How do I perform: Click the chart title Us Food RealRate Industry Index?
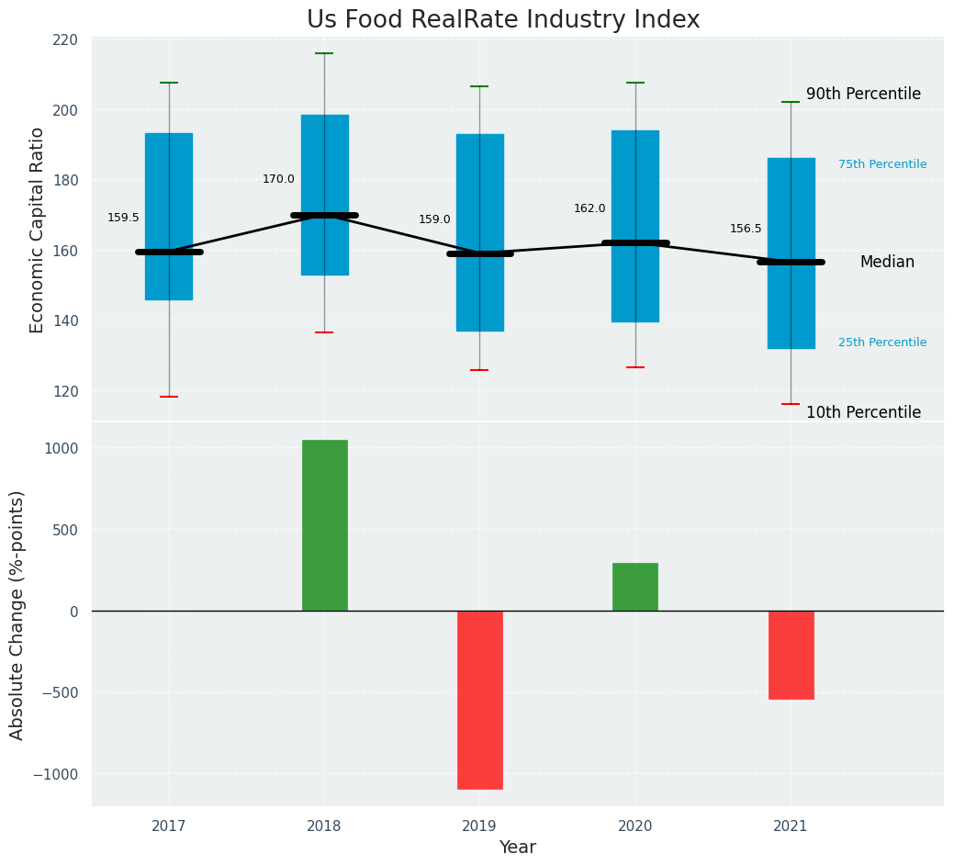click(503, 20)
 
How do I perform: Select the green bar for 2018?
click(324, 525)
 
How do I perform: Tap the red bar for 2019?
click(479, 700)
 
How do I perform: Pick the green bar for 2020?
click(635, 587)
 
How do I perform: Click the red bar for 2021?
click(791, 655)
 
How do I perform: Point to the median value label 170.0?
click(278, 179)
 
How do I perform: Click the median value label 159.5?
click(123, 218)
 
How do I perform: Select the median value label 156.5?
click(746, 229)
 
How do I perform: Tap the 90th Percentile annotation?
click(863, 94)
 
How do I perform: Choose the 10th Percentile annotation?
click(863, 412)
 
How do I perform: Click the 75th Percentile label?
click(882, 164)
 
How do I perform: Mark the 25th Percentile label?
click(882, 343)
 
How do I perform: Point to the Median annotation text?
click(887, 262)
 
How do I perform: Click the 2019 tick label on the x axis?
click(479, 826)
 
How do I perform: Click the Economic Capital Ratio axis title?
click(38, 230)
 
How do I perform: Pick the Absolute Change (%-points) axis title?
click(17, 614)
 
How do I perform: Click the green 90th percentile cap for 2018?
click(324, 53)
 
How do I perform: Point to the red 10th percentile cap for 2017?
click(169, 397)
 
